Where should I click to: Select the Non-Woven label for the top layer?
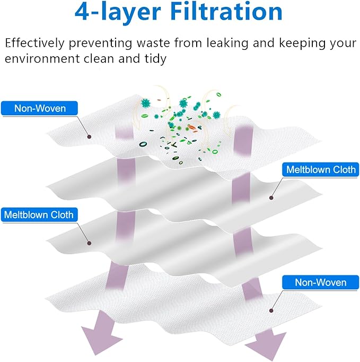pyautogui.click(x=40, y=108)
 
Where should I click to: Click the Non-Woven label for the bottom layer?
pyautogui.click(x=321, y=282)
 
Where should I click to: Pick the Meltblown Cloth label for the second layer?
pyautogui.click(x=321, y=170)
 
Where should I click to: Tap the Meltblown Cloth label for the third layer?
pyautogui.click(x=38, y=215)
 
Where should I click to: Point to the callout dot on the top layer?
pyautogui.click(x=89, y=136)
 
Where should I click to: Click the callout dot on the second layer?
pyautogui.click(x=271, y=198)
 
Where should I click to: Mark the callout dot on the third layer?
pyautogui.click(x=88, y=244)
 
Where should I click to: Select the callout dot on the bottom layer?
pyautogui.click(x=271, y=310)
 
